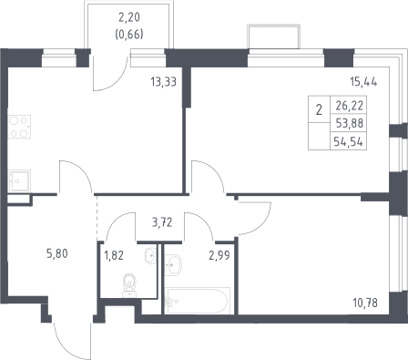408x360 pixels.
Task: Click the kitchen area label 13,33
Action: (x=164, y=82)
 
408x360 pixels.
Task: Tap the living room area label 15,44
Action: (x=363, y=82)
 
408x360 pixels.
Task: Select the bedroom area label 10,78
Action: (x=365, y=303)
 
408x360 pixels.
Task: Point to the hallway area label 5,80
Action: (x=57, y=253)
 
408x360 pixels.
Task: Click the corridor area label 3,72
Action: (x=162, y=222)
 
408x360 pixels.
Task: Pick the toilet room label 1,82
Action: (x=114, y=255)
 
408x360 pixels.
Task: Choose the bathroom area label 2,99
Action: (x=219, y=255)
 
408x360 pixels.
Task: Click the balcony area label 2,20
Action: (x=129, y=17)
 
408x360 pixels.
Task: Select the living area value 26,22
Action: (x=350, y=106)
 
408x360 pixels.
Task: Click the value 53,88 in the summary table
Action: (x=350, y=123)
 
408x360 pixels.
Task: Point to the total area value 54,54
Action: (x=348, y=141)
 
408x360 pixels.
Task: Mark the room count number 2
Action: (x=319, y=109)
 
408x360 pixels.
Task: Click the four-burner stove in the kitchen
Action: (x=19, y=127)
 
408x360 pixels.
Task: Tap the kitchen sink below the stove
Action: (x=19, y=180)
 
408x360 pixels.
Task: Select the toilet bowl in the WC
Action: (x=129, y=285)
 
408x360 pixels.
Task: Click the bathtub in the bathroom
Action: (x=197, y=301)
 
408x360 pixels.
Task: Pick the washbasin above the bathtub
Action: (x=173, y=265)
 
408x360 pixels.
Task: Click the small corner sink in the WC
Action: (x=151, y=255)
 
